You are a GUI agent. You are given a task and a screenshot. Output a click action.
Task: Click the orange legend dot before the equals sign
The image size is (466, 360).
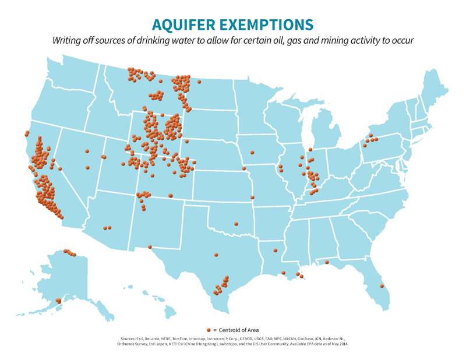[208, 330]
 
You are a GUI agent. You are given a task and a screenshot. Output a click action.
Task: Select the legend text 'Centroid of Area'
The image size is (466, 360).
[239, 330]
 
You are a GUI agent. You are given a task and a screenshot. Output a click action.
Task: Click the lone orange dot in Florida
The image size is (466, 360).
[382, 285]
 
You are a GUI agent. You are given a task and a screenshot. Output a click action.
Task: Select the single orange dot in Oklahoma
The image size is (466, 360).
[236, 223]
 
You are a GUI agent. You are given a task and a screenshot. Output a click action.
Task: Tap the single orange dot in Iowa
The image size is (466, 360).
[252, 153]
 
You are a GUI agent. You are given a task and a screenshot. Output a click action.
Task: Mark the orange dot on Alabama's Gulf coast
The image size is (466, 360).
[327, 262]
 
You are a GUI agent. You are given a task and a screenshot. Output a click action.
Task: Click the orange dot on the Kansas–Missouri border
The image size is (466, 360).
[252, 197]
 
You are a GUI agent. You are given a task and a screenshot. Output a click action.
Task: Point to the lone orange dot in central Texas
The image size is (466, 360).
[216, 255]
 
